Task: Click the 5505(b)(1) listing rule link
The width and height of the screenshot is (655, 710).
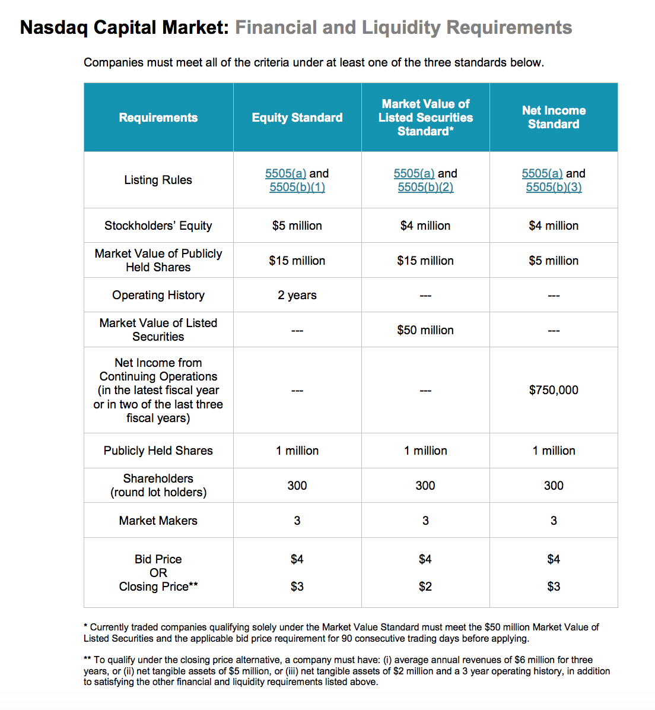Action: click(297, 188)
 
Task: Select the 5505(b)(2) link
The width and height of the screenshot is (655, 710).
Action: click(425, 188)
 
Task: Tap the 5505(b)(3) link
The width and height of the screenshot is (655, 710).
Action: click(554, 188)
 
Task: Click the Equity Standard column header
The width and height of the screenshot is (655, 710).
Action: click(297, 118)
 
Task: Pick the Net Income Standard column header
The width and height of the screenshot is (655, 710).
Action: click(554, 118)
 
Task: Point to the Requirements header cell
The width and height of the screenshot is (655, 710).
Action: click(158, 118)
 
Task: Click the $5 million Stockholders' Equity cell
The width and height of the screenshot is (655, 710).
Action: click(297, 226)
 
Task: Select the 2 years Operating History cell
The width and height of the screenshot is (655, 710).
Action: click(297, 295)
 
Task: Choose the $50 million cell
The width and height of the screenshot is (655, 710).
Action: click(425, 330)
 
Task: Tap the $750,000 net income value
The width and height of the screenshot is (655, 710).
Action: click(554, 390)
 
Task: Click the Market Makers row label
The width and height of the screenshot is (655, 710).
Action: click(158, 521)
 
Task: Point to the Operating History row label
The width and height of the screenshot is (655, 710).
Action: click(158, 295)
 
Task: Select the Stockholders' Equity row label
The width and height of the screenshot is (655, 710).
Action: click(158, 226)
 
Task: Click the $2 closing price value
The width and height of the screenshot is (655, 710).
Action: click(425, 587)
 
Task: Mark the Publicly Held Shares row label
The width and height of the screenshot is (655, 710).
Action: click(158, 451)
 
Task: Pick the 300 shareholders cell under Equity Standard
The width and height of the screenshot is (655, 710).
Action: click(297, 486)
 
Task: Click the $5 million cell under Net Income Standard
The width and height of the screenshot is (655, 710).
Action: click(554, 261)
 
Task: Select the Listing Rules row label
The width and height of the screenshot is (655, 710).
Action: click(158, 180)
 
